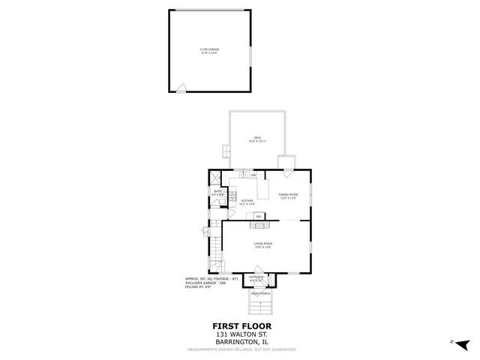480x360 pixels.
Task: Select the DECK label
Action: click(256, 139)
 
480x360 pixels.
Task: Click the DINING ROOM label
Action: click(289, 196)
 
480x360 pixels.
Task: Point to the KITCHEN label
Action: click(247, 201)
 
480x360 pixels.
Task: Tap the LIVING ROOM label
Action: click(262, 245)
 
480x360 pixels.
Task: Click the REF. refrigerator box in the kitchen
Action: click(259, 217)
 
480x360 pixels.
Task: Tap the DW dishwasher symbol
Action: click(253, 175)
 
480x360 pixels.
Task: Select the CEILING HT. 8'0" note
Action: click(199, 286)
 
